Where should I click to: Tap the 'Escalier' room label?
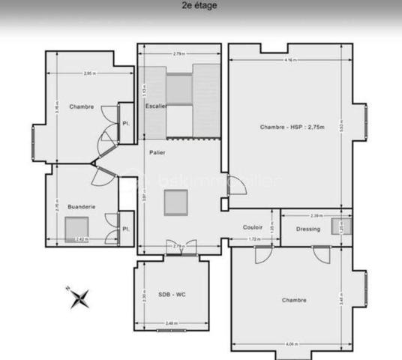pos(155,106)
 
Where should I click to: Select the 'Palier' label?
pos(157,153)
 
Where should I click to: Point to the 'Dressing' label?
pos(308,229)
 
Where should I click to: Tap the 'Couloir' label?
pos(252,226)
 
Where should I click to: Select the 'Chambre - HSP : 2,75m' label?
pos(292,127)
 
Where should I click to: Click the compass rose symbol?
pos(79,298)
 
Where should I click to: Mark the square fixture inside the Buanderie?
pos(76,226)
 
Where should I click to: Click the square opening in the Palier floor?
pos(176,202)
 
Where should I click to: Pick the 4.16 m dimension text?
pos(289,60)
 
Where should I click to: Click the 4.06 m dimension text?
pos(291,344)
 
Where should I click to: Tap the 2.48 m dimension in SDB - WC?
pos(171,323)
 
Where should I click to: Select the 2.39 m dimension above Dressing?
pos(317,216)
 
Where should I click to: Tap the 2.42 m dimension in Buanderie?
pos(82,240)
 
